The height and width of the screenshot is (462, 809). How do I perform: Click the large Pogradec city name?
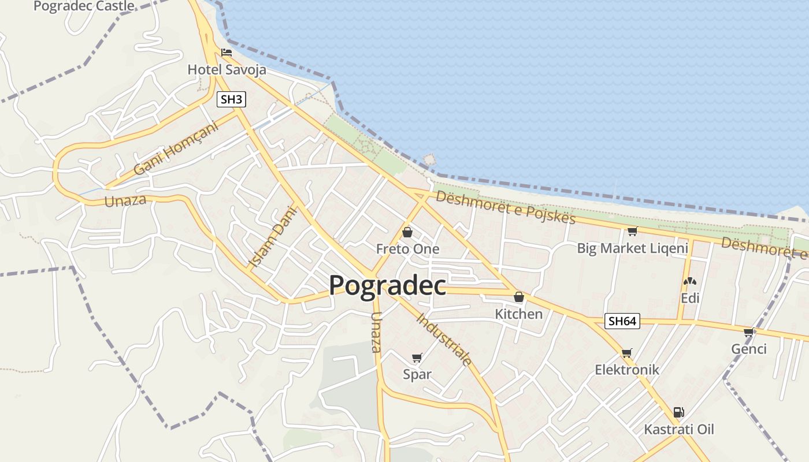(387, 285)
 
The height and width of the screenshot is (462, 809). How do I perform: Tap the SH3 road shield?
(231, 99)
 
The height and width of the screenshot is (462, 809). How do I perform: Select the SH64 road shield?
(622, 321)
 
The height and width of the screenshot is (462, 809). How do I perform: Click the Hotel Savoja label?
(227, 70)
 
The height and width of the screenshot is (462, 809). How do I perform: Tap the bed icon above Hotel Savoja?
(227, 53)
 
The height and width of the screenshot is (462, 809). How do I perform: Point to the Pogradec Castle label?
(84, 6)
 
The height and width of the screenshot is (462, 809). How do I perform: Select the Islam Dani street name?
(272, 237)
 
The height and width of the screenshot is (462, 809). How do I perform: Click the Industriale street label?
(444, 339)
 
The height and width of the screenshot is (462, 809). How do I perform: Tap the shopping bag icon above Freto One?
(407, 232)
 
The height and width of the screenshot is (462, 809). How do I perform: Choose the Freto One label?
(407, 249)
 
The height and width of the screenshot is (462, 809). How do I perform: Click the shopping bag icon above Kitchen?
(519, 297)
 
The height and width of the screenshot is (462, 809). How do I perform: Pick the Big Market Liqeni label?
(632, 248)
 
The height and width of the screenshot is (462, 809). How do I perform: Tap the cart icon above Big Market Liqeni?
(632, 232)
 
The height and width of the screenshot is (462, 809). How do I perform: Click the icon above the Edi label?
(689, 281)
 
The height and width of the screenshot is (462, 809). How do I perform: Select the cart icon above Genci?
(749, 332)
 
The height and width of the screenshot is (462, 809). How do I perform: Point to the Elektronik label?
(627, 370)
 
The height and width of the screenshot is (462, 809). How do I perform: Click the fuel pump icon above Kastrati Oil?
(679, 412)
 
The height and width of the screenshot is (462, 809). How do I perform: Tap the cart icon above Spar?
(417, 357)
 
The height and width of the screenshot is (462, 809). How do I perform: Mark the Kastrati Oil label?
(679, 430)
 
